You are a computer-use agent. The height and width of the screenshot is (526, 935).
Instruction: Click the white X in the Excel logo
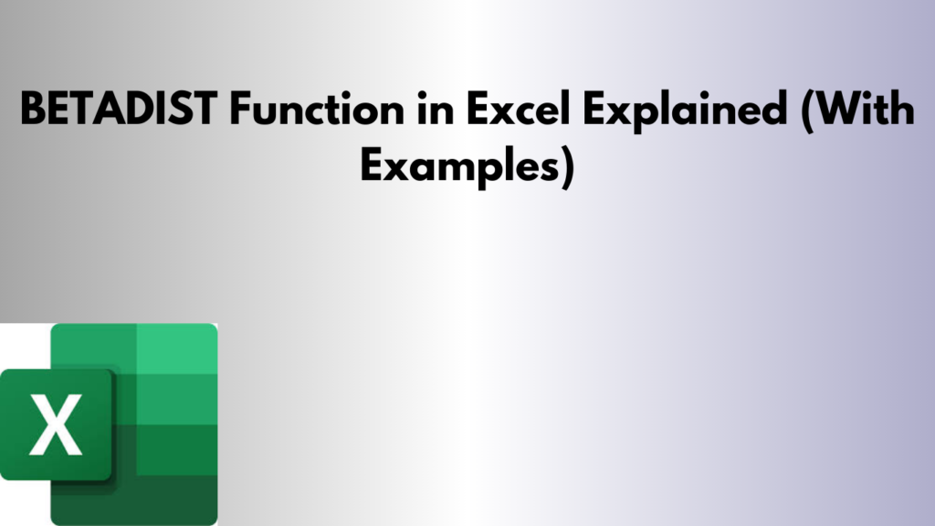pyautogui.click(x=55, y=425)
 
